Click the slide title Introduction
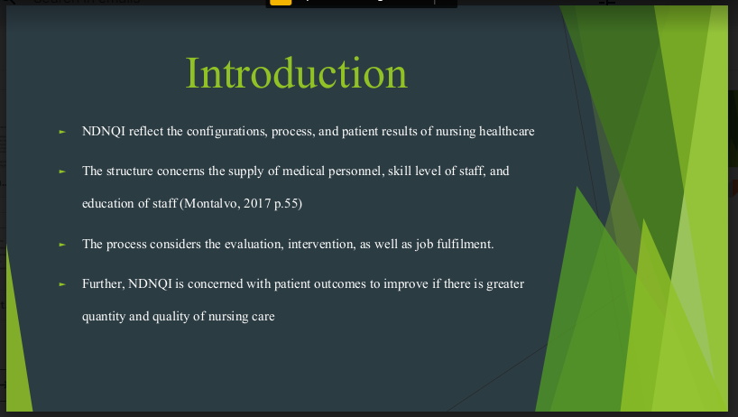tap(297, 73)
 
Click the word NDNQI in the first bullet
tap(104, 131)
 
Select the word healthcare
tap(506, 131)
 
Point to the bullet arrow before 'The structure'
tap(62, 171)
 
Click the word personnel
tap(355, 171)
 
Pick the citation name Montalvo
tap(212, 203)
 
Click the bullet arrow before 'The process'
tap(62, 245)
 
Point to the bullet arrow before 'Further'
tap(62, 284)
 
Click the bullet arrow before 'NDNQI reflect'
tap(62, 133)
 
